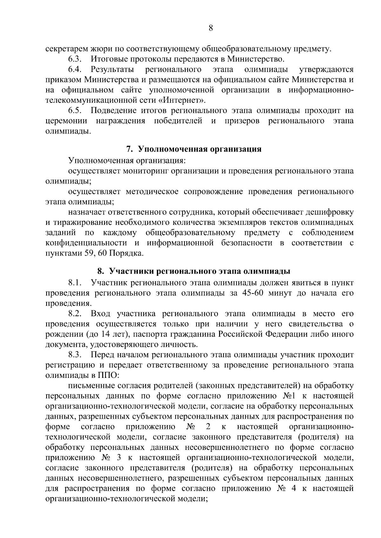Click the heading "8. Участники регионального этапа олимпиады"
[194, 271]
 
